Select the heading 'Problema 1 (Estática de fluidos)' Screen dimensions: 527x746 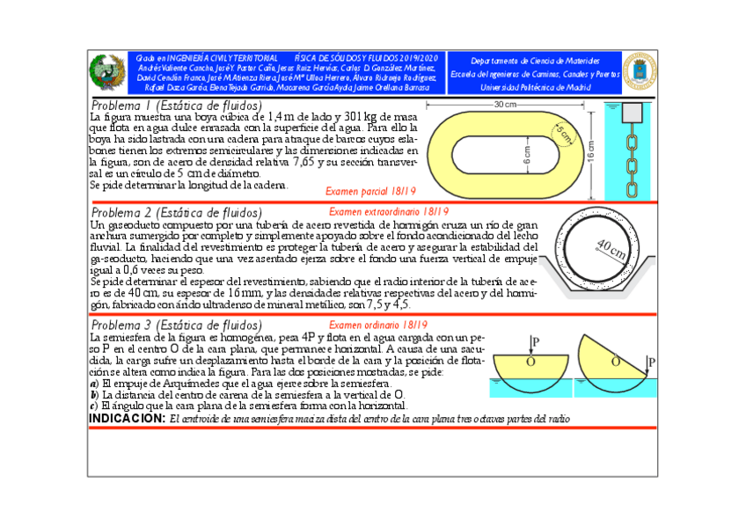[x=176, y=106]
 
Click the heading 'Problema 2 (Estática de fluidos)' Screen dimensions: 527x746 [x=176, y=213]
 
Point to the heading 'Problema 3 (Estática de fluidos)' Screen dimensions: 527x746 [x=176, y=326]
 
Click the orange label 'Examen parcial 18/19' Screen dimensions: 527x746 [x=370, y=191]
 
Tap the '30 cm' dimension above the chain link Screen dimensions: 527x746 [x=505, y=105]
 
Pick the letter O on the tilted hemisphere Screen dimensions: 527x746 [x=614, y=361]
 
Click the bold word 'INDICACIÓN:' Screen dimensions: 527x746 [x=128, y=419]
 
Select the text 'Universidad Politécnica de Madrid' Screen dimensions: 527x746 [x=535, y=88]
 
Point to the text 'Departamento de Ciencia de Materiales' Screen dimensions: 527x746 [x=535, y=61]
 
